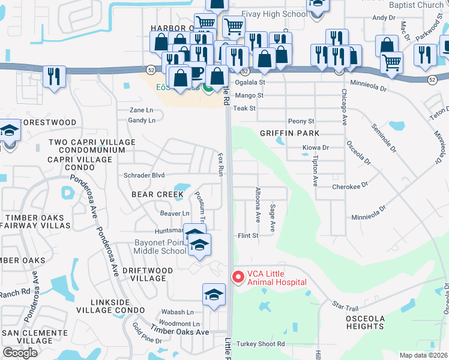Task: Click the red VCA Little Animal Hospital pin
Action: click(238, 277)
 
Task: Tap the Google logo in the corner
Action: click(20, 353)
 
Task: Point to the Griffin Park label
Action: click(289, 133)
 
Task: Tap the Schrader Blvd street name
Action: click(144, 175)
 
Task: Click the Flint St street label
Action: click(248, 236)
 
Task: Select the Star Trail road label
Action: click(345, 306)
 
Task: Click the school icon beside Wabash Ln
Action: click(214, 295)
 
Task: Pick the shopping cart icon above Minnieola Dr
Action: click(391, 61)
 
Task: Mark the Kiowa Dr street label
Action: click(317, 148)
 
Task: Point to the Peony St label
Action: click(301, 121)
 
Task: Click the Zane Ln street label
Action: click(142, 110)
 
